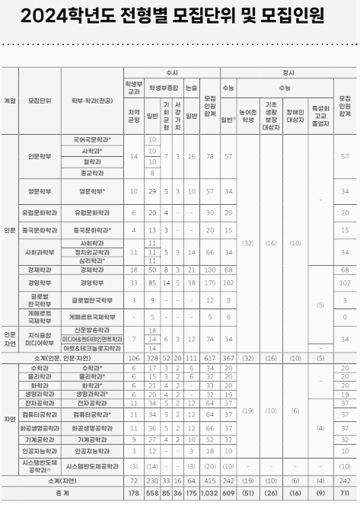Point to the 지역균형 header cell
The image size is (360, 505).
(134, 116)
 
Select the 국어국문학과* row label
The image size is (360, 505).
(93, 140)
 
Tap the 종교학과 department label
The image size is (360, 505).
(93, 173)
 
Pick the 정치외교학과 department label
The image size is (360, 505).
(93, 251)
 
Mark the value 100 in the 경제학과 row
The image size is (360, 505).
(209, 270)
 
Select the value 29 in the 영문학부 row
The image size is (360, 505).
(153, 190)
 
